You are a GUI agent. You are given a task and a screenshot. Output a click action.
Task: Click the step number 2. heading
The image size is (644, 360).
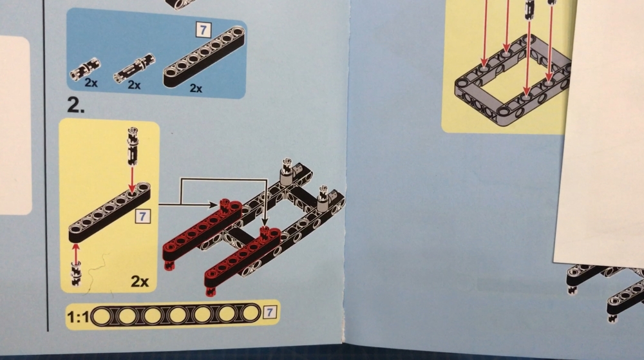[x=76, y=106]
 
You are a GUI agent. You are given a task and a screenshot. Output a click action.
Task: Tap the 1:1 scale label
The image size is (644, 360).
[x=78, y=317]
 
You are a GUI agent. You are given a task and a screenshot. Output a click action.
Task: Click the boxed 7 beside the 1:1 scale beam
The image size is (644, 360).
[x=269, y=312]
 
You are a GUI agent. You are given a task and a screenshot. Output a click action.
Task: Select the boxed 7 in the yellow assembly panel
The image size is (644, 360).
[x=142, y=216]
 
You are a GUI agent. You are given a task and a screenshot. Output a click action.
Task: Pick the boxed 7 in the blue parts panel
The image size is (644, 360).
[x=203, y=30]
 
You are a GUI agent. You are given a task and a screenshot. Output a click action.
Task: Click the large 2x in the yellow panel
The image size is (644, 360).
[x=140, y=281]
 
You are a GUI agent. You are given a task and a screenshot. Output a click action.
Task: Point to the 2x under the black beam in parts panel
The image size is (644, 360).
[x=196, y=88]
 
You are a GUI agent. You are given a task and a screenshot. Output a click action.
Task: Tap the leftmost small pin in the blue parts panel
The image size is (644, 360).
[x=85, y=68]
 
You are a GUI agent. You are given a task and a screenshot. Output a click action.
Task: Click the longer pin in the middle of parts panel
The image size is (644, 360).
[x=135, y=68]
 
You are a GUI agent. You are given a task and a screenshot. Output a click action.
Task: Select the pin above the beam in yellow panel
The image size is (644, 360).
[x=132, y=146]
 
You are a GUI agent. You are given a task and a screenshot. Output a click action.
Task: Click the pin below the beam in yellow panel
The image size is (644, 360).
[x=76, y=273]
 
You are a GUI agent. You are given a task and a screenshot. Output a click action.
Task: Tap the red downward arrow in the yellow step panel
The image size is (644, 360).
[x=132, y=180]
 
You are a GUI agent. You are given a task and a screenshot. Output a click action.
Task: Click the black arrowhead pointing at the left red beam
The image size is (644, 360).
[x=214, y=204]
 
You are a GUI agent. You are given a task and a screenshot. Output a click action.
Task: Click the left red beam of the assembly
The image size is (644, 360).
[x=202, y=231]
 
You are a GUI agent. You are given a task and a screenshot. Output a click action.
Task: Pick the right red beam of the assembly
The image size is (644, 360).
[x=243, y=259]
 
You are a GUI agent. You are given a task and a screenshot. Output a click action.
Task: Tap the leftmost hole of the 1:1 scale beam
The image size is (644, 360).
[x=102, y=316]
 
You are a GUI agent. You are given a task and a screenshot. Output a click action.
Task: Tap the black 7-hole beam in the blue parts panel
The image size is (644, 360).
[x=204, y=57]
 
